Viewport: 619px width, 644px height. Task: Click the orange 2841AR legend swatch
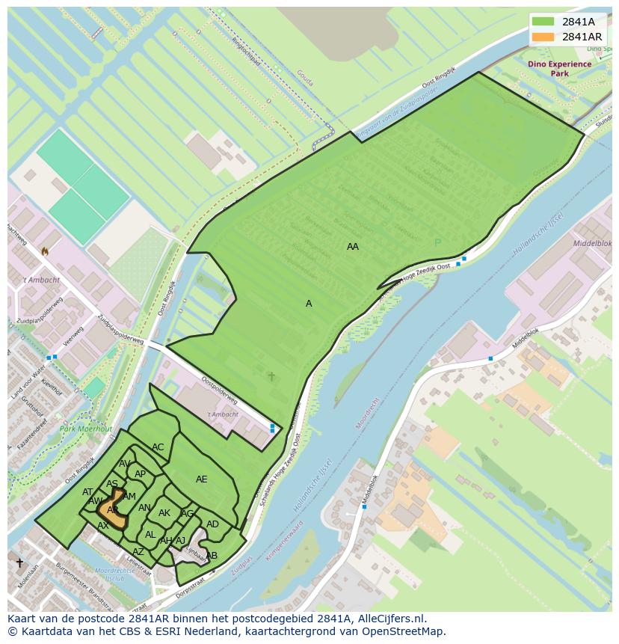[x=543, y=37]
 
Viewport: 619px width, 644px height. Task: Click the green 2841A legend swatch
[x=543, y=22]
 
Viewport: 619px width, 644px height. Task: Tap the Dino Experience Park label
[x=559, y=69]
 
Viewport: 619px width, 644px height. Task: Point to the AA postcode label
[x=353, y=246]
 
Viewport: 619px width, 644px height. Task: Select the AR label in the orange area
[x=113, y=510]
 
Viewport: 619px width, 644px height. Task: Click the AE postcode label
[x=202, y=479]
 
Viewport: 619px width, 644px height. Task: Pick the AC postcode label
[x=158, y=447]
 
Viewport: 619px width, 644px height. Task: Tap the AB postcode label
[x=212, y=556]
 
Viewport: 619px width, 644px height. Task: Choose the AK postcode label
[x=164, y=513]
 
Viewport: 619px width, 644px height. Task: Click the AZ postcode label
[x=138, y=552]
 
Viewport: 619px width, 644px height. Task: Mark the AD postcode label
[x=212, y=524]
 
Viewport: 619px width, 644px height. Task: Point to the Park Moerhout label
[x=86, y=429]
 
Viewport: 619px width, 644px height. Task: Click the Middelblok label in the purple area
[x=592, y=244]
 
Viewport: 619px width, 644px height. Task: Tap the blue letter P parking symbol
[x=438, y=242]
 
